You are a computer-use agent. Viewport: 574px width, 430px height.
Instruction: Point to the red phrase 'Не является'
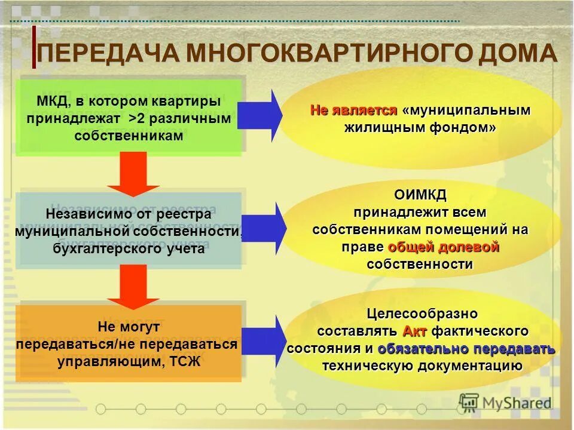tap(353, 110)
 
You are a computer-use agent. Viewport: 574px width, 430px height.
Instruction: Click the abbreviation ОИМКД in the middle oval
tap(420, 195)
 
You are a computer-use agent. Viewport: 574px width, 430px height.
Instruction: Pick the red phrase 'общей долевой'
tap(444, 247)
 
